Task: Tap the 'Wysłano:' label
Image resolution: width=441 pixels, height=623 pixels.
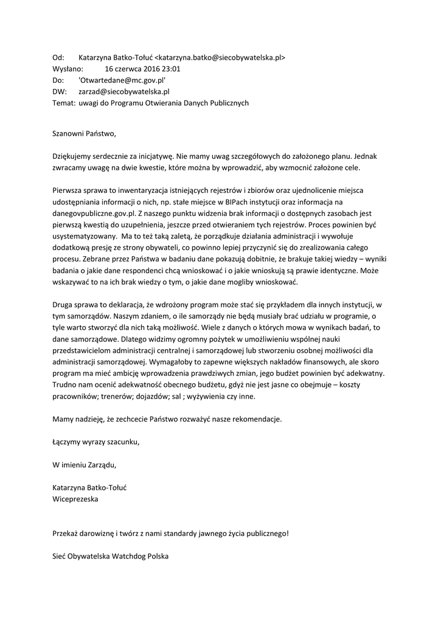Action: pos(69,69)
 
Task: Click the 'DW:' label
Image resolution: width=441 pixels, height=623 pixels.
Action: pos(59,92)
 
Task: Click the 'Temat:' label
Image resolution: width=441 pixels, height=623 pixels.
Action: pos(64,103)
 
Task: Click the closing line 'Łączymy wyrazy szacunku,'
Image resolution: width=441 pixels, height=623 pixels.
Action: pos(96,442)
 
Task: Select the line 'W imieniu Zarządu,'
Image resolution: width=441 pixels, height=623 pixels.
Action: pos(83,465)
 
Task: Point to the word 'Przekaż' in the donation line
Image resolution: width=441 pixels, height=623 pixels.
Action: pos(66,534)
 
